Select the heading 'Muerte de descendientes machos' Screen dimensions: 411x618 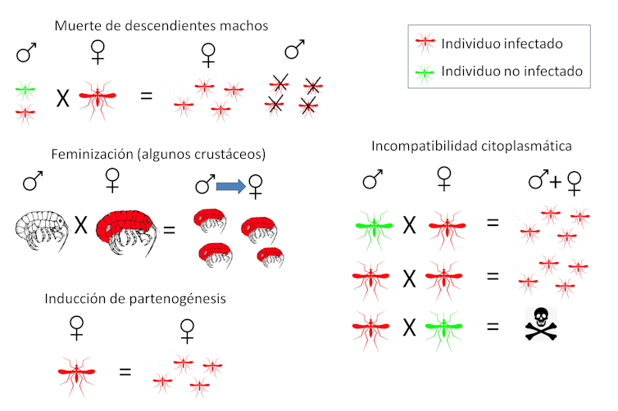pyautogui.click(x=161, y=25)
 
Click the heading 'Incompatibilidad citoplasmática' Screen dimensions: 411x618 pyautogui.click(x=471, y=147)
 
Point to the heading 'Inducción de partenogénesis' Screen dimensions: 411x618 pyautogui.click(x=135, y=298)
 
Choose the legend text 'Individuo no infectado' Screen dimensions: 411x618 pyautogui.click(x=511, y=71)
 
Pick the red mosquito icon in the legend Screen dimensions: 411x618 pyautogui.click(x=425, y=43)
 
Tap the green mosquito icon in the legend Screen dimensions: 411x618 pyautogui.click(x=425, y=71)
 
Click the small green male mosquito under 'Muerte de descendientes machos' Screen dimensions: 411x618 pyautogui.click(x=26, y=88)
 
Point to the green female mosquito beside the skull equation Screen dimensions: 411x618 pyautogui.click(x=446, y=328)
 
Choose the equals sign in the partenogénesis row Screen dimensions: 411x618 pyautogui.click(x=125, y=373)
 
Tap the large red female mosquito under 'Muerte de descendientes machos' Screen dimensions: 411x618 pyautogui.click(x=98, y=96)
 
